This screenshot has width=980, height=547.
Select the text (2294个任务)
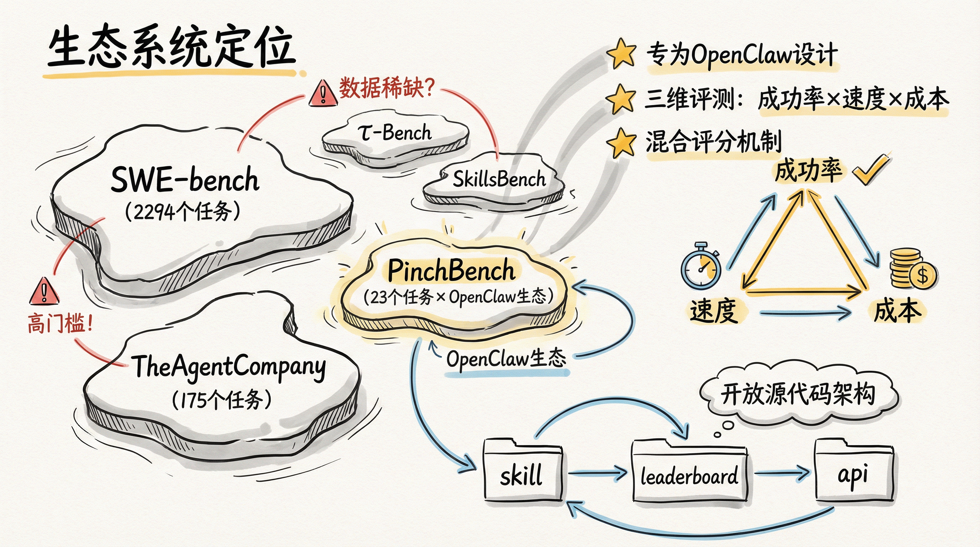[x=183, y=211]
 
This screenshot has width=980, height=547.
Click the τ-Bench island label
[x=395, y=133]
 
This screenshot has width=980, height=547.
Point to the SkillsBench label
[x=499, y=179]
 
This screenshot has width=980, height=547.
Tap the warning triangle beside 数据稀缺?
[x=323, y=94]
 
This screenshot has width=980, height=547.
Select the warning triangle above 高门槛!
[x=44, y=292]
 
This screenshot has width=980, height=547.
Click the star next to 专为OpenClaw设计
[x=621, y=54]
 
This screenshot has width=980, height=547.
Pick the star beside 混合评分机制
[x=621, y=143]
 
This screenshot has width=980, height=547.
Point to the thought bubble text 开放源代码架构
[x=798, y=394]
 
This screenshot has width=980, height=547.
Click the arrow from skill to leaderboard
[x=597, y=473]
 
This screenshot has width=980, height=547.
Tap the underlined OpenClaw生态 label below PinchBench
[x=506, y=359]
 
